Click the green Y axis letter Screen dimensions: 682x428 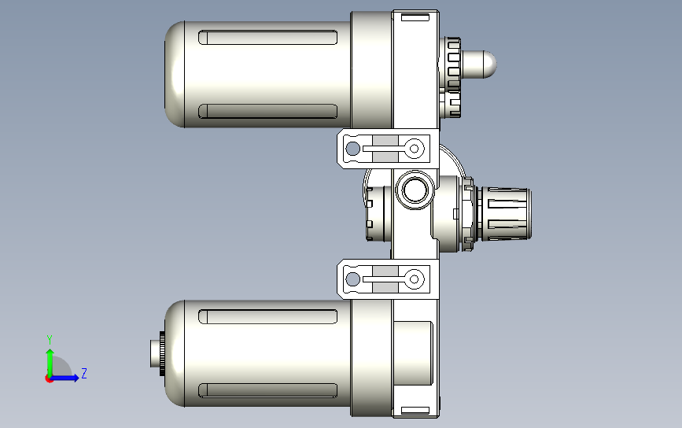pos(50,339)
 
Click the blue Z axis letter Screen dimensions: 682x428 pos(84,373)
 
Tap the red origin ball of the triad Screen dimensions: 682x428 pos(49,379)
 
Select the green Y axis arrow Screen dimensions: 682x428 pos(50,363)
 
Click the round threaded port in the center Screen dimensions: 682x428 pos(415,190)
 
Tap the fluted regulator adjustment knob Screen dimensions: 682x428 pos(504,213)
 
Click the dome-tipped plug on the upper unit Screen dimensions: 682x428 pos(478,65)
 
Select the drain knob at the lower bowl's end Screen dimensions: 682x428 pos(157,353)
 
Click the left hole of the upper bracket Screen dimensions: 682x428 pos(352,149)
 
